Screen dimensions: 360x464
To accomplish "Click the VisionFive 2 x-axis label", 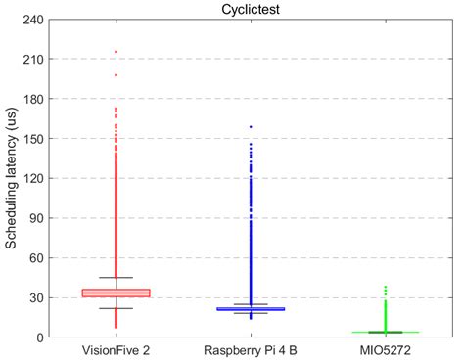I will pyautogui.click(x=116, y=350).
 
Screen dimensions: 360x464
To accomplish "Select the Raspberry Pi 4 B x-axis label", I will pyautogui.click(x=251, y=350).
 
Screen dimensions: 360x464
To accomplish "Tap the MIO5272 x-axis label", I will pyautogui.click(x=385, y=350).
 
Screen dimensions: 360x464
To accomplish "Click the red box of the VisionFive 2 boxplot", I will pyautogui.click(x=116, y=292).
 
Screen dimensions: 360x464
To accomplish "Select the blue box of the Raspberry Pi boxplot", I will pyautogui.click(x=251, y=309).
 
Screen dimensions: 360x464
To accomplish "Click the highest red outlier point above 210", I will pyautogui.click(x=116, y=52).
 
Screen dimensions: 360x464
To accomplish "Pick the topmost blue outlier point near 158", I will pyautogui.click(x=251, y=127).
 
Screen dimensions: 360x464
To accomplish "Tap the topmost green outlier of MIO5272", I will pyautogui.click(x=385, y=287).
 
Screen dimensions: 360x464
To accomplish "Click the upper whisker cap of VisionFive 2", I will pyautogui.click(x=116, y=278).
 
